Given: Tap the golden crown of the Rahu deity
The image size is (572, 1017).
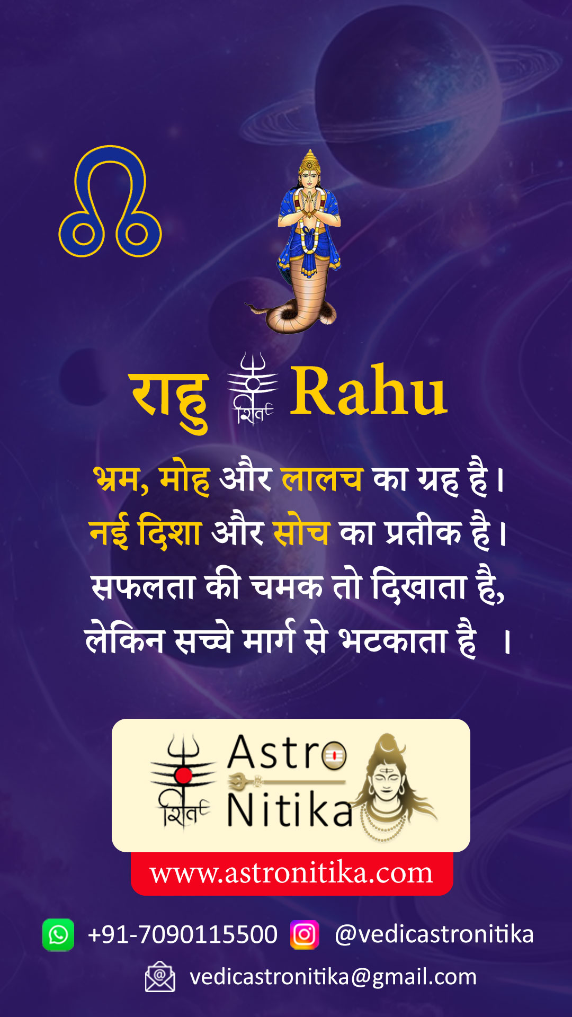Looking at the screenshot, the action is point(309,162).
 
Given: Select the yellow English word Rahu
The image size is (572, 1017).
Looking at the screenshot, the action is point(369,391).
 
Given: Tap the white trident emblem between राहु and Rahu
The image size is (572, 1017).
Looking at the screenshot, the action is point(253,389).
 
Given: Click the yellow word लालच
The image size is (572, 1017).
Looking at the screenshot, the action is point(322,479).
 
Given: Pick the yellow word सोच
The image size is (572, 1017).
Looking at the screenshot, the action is point(301,532).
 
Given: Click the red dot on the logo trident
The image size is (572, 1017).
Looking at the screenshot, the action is point(183,775).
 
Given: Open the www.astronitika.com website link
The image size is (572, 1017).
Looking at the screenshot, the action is point(291,873).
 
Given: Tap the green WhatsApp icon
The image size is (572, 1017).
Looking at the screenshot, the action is point(58,935).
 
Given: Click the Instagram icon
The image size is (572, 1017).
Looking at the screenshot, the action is point(305,935).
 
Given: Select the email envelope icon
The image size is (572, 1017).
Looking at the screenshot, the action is point(160,976).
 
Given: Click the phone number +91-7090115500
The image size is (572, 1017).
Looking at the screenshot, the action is point(183,934).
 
